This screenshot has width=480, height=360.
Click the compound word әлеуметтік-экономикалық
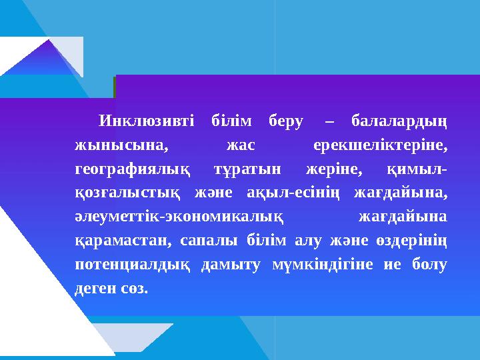pyautogui.click(x=180, y=218)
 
